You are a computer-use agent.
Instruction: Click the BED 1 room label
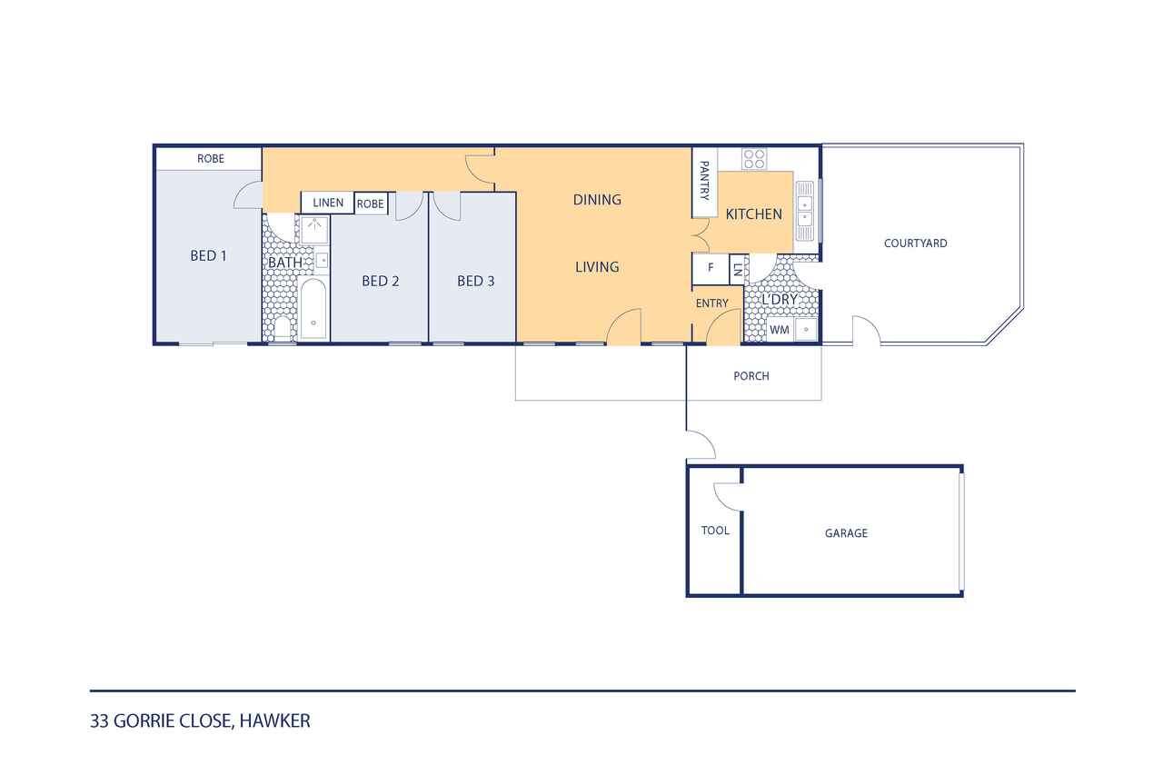tap(208, 256)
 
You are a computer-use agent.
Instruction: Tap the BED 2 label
tap(381, 282)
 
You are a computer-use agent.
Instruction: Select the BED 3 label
tap(475, 282)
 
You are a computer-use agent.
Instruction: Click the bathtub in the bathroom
tap(313, 310)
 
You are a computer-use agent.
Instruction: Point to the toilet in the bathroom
tap(282, 328)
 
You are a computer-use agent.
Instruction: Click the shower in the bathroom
tap(314, 230)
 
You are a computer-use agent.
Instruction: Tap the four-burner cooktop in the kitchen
tap(754, 159)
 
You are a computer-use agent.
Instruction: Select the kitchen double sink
tap(805, 211)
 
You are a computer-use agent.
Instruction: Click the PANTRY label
tap(704, 181)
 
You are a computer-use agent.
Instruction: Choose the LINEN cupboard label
tap(328, 203)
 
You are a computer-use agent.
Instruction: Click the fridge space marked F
tap(711, 268)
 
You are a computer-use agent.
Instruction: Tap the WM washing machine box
tap(780, 330)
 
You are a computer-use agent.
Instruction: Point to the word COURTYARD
tap(915, 243)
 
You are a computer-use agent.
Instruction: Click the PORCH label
tap(751, 376)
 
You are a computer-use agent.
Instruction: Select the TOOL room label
tap(715, 531)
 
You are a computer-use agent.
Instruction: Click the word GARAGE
tap(846, 533)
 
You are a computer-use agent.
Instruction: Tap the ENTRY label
tap(711, 303)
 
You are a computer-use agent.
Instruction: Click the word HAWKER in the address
tap(274, 721)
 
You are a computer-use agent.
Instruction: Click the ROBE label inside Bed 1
tap(211, 159)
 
